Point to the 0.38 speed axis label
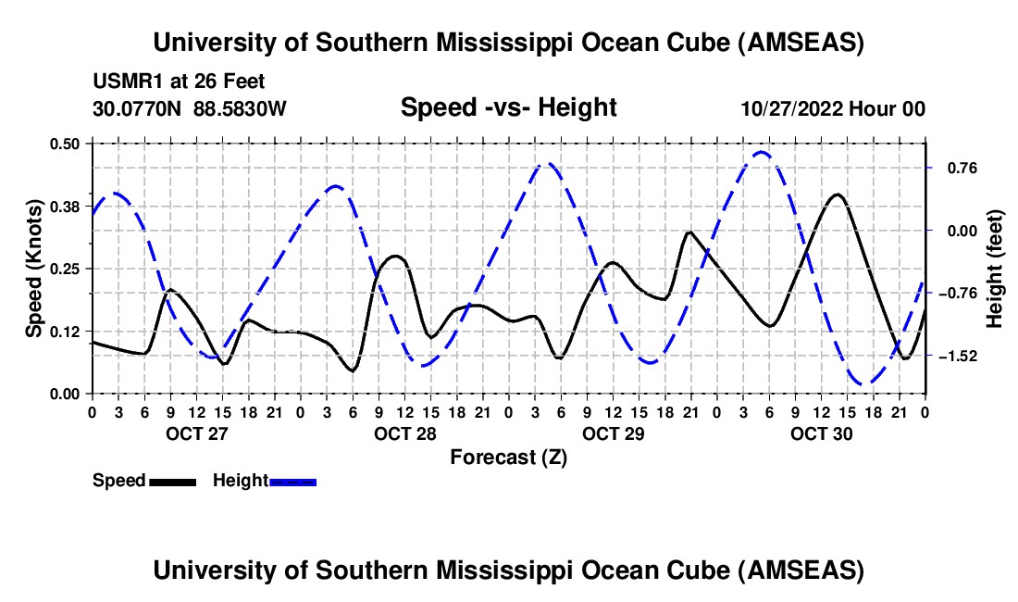tap(65, 206)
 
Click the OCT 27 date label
tap(197, 433)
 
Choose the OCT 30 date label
tap(822, 433)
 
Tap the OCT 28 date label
tap(405, 433)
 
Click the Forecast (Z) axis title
tap(508, 457)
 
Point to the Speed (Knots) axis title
tap(33, 269)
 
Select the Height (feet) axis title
tap(995, 269)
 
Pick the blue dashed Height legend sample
tap(292, 482)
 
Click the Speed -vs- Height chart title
tap(508, 107)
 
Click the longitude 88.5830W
tap(240, 108)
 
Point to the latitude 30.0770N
tap(138, 108)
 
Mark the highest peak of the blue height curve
tap(762, 152)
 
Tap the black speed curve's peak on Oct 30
tap(837, 194)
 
